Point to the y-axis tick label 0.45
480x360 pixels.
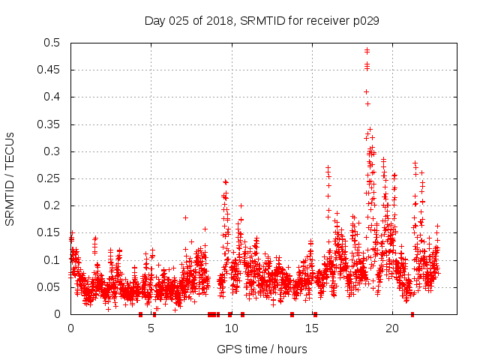click(x=52, y=70)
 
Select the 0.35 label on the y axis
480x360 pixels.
click(x=52, y=124)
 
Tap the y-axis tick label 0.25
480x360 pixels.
click(x=52, y=178)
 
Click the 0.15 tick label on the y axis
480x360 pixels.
click(x=52, y=232)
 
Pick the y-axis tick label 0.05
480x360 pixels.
click(x=52, y=287)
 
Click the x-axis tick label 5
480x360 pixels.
click(x=151, y=328)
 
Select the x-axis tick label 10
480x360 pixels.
click(x=231, y=328)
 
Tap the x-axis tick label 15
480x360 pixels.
click(x=311, y=328)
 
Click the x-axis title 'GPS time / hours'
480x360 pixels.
click(x=262, y=349)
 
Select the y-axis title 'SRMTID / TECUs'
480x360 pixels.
click(x=10, y=178)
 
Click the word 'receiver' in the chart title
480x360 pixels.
click(x=313, y=21)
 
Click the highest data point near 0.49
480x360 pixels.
click(x=367, y=50)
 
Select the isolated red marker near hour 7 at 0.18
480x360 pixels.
click(x=185, y=217)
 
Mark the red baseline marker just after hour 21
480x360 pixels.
click(x=412, y=313)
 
